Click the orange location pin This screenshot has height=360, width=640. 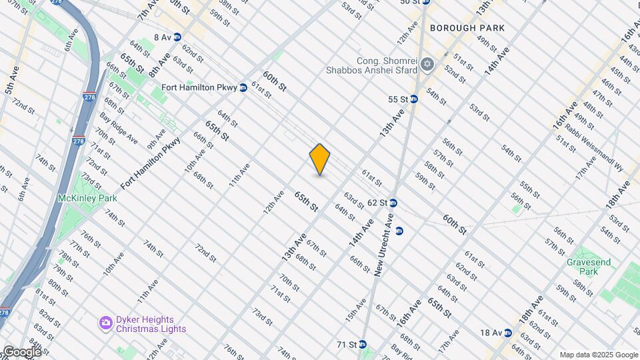tap(320, 159)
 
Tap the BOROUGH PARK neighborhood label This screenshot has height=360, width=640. tap(467, 28)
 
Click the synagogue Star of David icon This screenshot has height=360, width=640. tap(427, 65)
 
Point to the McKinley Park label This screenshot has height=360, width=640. tap(87, 198)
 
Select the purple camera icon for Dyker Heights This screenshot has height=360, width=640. tap(105, 323)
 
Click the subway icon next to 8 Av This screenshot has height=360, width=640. tap(177, 37)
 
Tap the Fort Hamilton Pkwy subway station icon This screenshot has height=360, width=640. tap(243, 87)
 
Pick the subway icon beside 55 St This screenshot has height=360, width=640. tap(413, 99)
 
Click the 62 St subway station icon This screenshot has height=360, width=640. tap(393, 203)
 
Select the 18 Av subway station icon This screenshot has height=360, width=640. tap(507, 333)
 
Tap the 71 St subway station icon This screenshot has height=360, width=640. tap(363, 345)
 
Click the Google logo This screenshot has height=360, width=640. tap(22, 351)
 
